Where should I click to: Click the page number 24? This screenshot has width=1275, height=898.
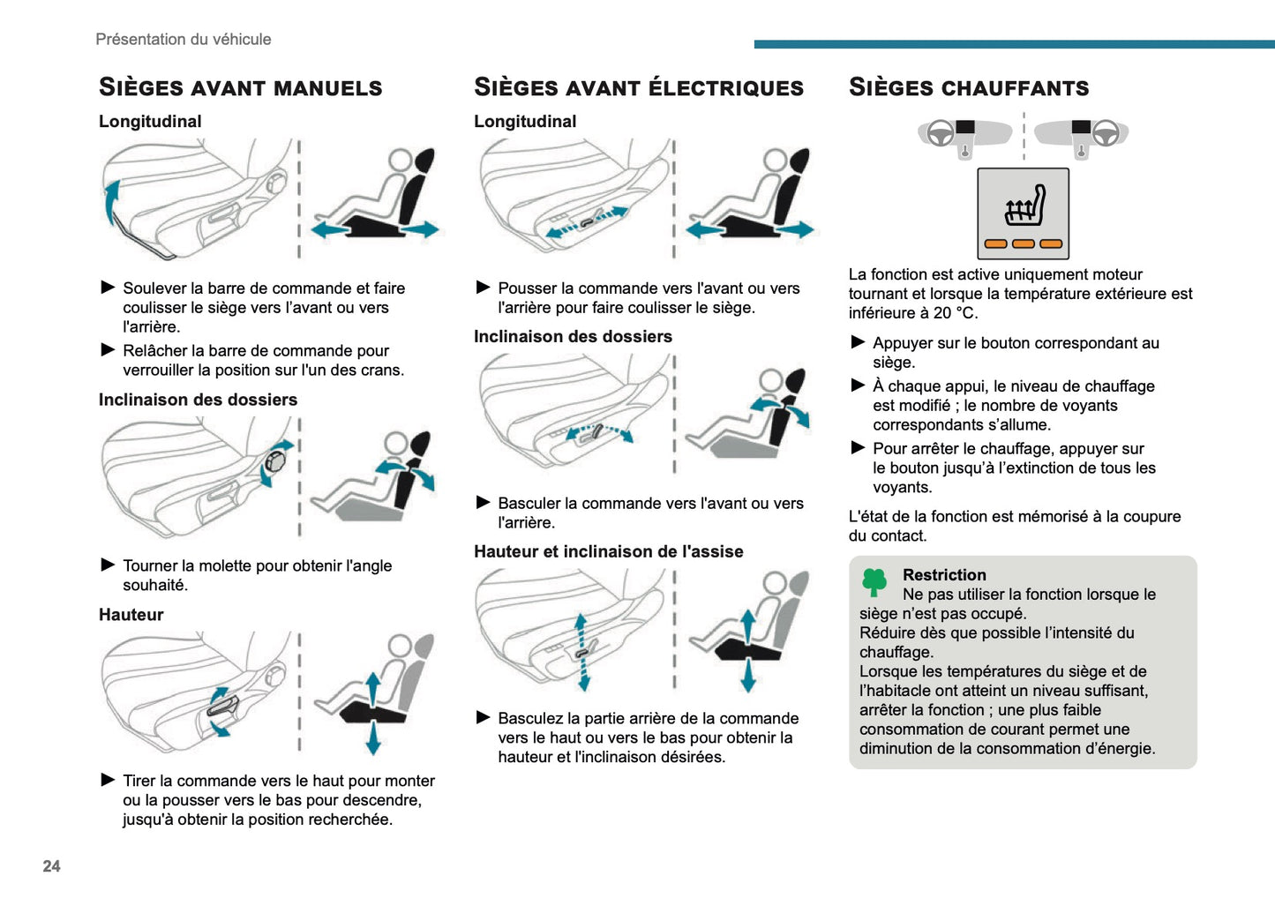[x=51, y=866]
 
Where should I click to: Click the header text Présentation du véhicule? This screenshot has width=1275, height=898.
[x=183, y=39]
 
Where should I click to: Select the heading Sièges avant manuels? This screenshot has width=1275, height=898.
[x=240, y=87]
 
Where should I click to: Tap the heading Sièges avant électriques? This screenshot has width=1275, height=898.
[x=638, y=87]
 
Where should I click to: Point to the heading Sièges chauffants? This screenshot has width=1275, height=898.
[x=968, y=87]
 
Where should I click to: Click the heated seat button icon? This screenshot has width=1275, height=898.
[x=1023, y=213]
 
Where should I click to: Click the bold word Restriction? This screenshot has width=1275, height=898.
[x=943, y=575]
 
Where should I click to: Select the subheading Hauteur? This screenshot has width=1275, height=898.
[x=131, y=615]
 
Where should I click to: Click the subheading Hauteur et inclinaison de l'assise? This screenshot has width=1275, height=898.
[x=608, y=551]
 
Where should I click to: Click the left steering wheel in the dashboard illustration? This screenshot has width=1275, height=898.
[x=941, y=133]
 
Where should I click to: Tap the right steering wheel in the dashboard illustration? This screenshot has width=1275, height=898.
[x=1106, y=133]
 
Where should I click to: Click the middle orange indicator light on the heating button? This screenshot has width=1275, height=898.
[x=1023, y=244]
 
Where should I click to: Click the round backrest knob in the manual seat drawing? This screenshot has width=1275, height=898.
[x=275, y=460]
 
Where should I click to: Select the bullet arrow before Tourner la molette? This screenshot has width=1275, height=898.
[x=108, y=565]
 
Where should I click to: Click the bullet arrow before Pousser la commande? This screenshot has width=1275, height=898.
[x=483, y=288]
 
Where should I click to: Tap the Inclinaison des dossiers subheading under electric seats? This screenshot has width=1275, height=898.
[x=573, y=336]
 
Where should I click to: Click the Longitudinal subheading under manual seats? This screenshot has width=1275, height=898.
[x=150, y=122]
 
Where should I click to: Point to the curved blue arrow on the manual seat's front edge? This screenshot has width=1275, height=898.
[x=110, y=202]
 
